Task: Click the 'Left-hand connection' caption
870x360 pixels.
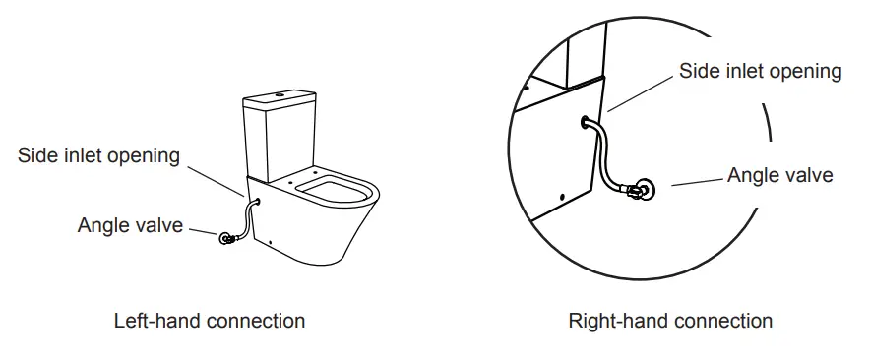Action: coord(210,321)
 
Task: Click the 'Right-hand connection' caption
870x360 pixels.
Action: coord(670,321)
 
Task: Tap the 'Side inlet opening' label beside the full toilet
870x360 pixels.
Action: coord(98,155)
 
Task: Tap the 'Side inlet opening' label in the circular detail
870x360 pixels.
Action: coord(760,71)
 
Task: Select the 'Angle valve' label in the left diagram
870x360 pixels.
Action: coord(130,225)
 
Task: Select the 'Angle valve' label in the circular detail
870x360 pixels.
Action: coord(779,175)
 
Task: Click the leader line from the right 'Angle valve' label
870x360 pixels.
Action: coord(698,180)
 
